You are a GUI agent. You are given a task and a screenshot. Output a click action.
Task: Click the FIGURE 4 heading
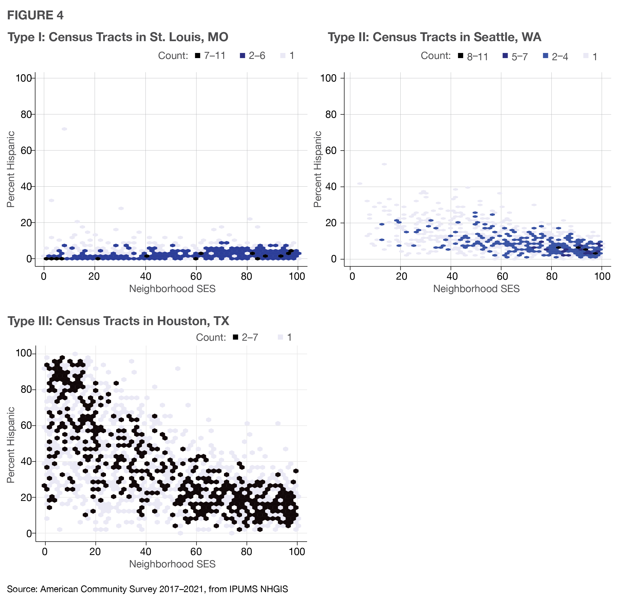coord(35,15)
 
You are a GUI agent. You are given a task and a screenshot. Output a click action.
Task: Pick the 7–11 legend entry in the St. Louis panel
coord(210,56)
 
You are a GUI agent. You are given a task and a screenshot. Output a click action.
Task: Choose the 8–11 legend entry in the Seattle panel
coord(473,56)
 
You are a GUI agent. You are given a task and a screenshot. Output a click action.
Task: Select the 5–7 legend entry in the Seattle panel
coord(515,56)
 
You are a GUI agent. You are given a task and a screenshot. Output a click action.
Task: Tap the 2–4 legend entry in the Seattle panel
coord(556,56)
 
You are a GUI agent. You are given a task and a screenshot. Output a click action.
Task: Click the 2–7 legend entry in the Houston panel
coord(246,337)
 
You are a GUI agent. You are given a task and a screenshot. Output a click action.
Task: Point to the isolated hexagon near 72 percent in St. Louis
coord(64,129)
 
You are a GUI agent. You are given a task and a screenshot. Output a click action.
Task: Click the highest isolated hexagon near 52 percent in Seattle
coord(384,164)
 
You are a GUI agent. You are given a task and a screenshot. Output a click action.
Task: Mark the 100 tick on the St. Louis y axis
coord(25,78)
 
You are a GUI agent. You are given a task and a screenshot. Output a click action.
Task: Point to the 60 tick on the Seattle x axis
coord(502,276)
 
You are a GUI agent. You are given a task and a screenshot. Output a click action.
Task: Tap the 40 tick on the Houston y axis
coord(26,461)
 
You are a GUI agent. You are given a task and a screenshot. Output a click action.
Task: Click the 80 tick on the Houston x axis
coord(247,551)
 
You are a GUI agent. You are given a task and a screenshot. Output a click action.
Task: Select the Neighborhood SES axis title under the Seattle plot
coord(476,289)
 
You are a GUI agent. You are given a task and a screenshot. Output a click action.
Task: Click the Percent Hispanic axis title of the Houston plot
coord(11,445)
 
